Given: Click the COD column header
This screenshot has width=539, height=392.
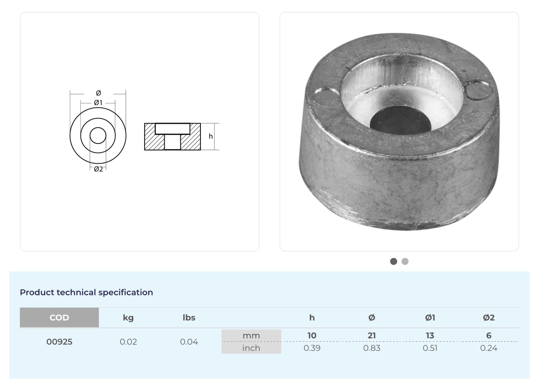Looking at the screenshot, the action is [x=59, y=317].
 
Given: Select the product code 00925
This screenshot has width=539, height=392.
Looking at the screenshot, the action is [x=59, y=342].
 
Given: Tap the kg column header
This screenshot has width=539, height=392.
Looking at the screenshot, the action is [x=128, y=318].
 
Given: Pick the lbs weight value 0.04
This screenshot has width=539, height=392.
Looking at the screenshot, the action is [x=189, y=342].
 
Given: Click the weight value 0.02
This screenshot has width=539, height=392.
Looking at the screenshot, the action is [x=128, y=342].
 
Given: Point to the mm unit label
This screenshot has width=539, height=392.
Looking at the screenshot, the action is [x=251, y=336].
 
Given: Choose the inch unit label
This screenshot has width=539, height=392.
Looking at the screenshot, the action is [x=251, y=348].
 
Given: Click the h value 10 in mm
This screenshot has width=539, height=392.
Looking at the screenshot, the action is [x=312, y=335].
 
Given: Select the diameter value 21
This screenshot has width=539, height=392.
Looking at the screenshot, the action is [x=372, y=335].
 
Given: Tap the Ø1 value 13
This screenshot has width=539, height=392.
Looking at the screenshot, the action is [x=430, y=335].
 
